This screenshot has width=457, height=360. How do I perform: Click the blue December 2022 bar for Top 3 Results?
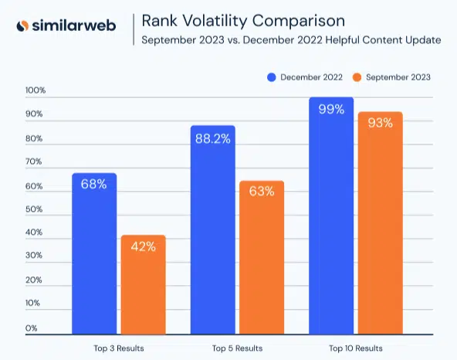click(94, 255)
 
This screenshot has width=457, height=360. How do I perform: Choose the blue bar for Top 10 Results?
click(330, 216)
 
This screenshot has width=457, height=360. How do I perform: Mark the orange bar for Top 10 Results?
click(379, 224)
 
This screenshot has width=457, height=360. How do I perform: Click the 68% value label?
click(94, 184)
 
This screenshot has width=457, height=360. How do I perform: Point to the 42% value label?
click(143, 246)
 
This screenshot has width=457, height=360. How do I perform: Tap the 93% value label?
click(379, 123)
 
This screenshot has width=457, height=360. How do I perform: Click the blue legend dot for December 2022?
click(272, 77)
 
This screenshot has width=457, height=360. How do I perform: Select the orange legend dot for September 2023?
click(356, 77)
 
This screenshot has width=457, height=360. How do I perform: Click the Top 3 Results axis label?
click(118, 348)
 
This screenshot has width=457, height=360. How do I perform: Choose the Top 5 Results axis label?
click(236, 348)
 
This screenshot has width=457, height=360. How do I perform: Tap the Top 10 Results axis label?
click(355, 348)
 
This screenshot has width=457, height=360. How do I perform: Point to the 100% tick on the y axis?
click(36, 90)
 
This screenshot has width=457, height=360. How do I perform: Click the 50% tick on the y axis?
click(33, 209)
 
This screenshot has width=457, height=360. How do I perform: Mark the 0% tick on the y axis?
click(31, 328)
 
